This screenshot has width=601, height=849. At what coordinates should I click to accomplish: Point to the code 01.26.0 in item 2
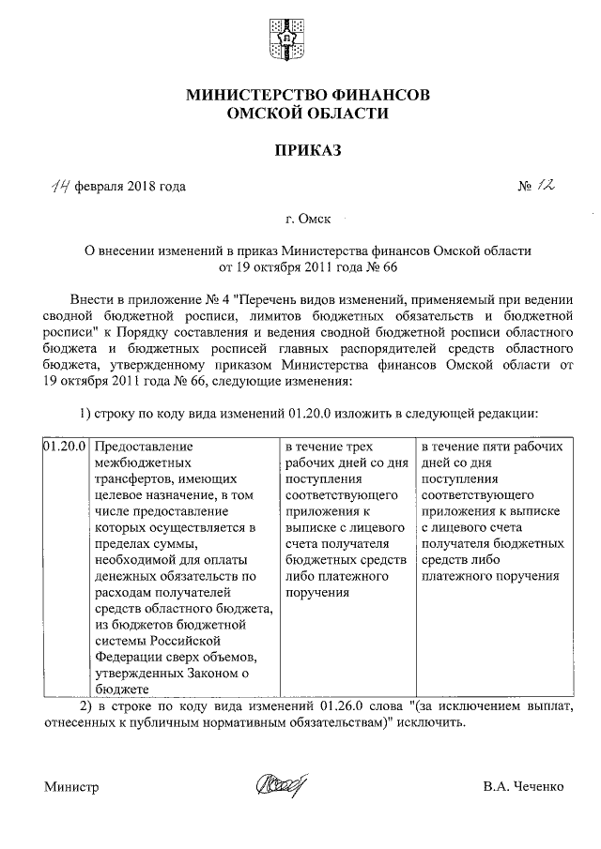tap(347, 705)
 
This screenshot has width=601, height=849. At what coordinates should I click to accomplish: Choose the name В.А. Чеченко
tap(524, 786)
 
